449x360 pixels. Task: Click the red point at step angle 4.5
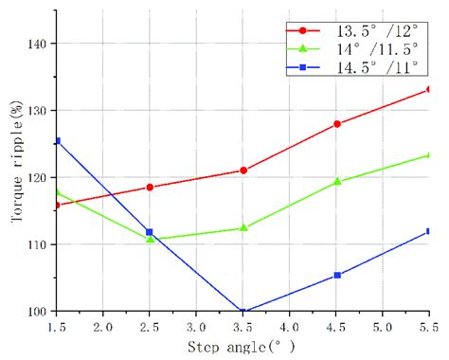pos(336,124)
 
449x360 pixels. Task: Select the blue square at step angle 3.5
pos(243,312)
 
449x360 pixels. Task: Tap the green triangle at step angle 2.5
pos(150,239)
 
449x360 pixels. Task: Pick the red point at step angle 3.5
pos(243,171)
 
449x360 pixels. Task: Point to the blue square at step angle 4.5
pos(336,276)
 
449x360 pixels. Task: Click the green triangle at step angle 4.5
pos(336,181)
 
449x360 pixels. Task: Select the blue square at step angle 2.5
pos(150,232)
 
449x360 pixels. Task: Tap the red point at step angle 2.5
pos(150,187)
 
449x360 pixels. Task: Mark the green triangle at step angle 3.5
pos(243,227)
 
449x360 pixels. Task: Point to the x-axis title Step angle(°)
pos(241,346)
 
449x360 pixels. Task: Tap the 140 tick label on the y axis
pos(38,44)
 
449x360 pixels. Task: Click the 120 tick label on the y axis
pos(38,177)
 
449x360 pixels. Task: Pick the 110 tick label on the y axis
pos(38,244)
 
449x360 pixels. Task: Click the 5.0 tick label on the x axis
pos(383,327)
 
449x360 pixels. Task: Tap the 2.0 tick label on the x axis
pos(103,327)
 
